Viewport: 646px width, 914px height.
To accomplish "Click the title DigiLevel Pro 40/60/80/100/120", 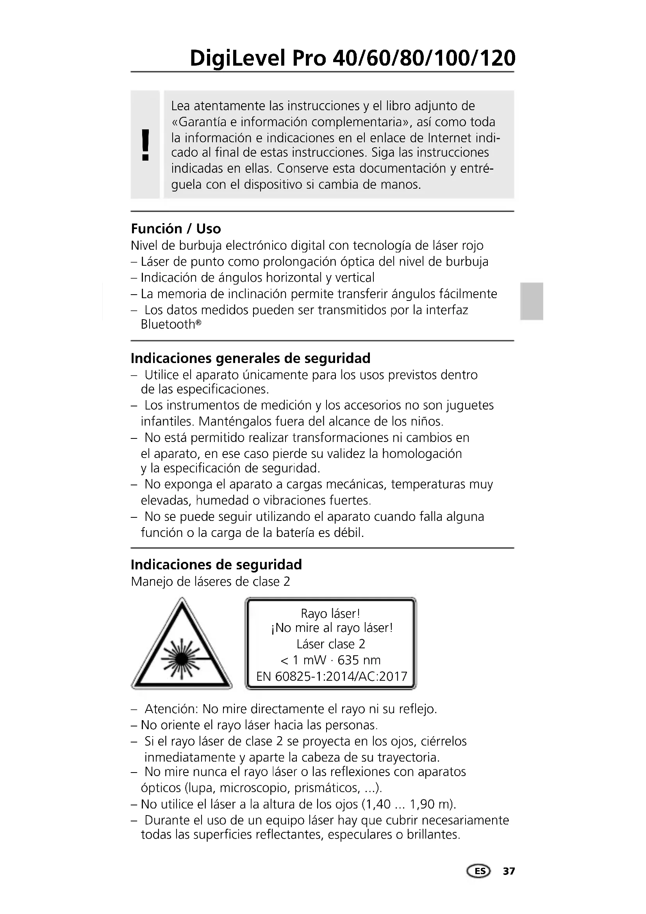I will [352, 59].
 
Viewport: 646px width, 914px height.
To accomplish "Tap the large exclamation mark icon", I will [146, 145].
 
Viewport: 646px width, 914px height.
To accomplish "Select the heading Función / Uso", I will [176, 229].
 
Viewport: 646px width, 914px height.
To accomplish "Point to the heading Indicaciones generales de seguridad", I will [250, 358].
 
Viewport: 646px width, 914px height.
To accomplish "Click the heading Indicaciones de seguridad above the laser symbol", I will [216, 565].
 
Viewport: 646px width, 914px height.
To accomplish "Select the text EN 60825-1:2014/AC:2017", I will [331, 676].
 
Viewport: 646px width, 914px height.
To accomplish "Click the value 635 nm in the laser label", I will [359, 660].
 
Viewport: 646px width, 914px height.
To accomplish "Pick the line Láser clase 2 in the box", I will [330, 644].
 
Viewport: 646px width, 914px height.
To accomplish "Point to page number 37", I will [509, 871].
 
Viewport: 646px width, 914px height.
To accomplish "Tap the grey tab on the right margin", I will [532, 301].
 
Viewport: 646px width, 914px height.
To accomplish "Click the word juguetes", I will [470, 405].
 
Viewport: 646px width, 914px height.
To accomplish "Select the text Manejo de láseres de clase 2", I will [211, 582].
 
